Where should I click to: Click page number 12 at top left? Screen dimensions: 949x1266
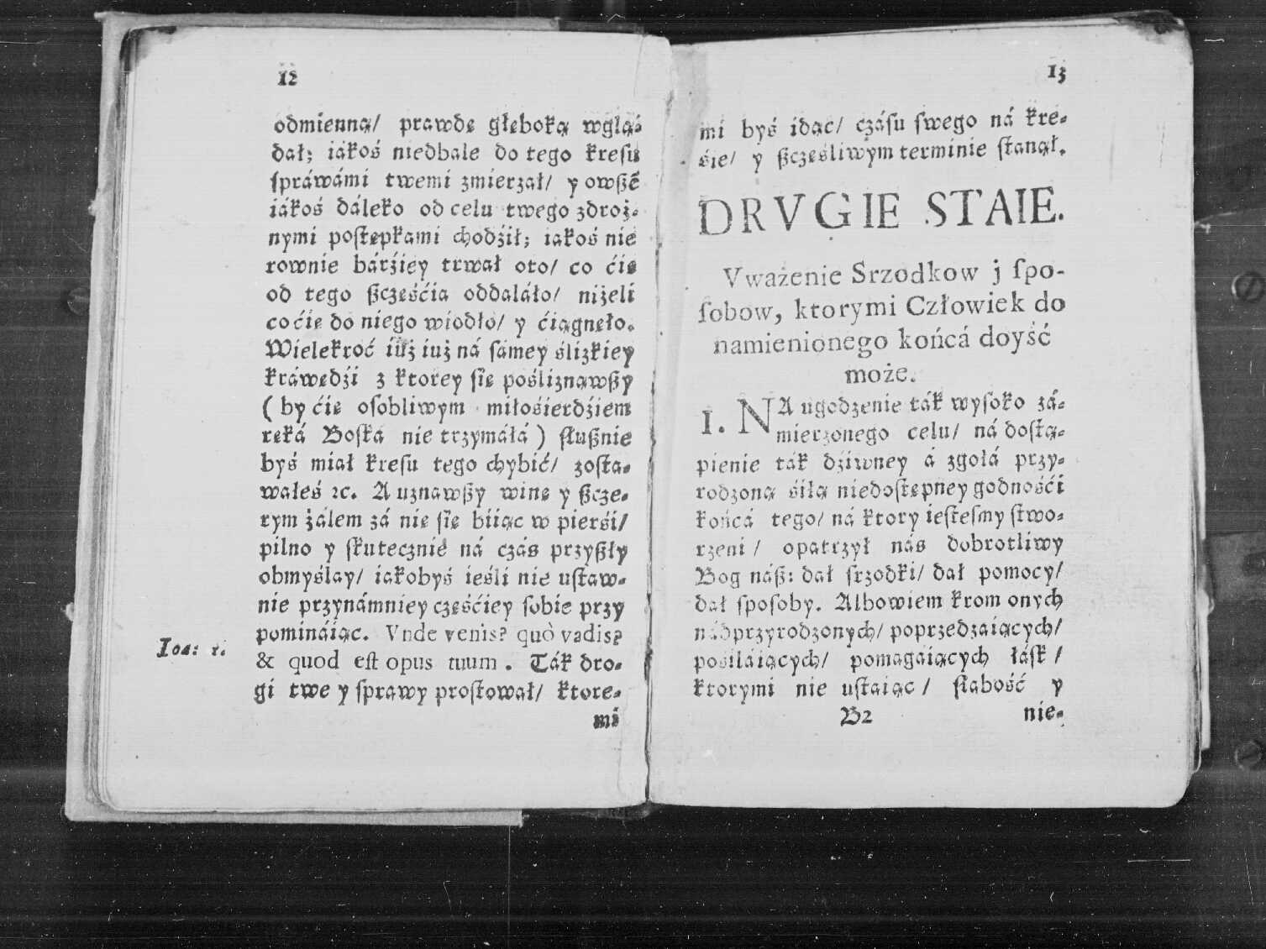tap(288, 76)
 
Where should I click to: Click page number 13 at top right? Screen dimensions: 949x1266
tap(1058, 75)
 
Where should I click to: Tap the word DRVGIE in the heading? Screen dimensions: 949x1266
tap(798, 214)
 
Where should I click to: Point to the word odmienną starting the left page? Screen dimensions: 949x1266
tap(323, 126)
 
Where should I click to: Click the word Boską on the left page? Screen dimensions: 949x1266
tap(353, 437)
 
